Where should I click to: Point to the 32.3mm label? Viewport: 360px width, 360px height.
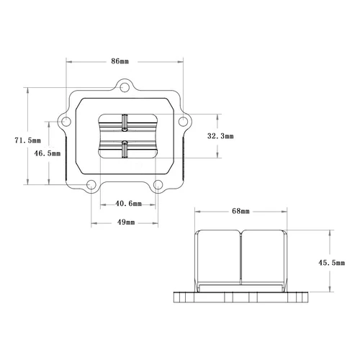pos(220,135)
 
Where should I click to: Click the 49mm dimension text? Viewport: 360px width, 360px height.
pos(125,222)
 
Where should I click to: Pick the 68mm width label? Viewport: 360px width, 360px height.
pos(240,212)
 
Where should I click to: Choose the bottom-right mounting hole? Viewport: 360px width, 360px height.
pos(159,185)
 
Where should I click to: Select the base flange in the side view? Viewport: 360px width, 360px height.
pos(240,297)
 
